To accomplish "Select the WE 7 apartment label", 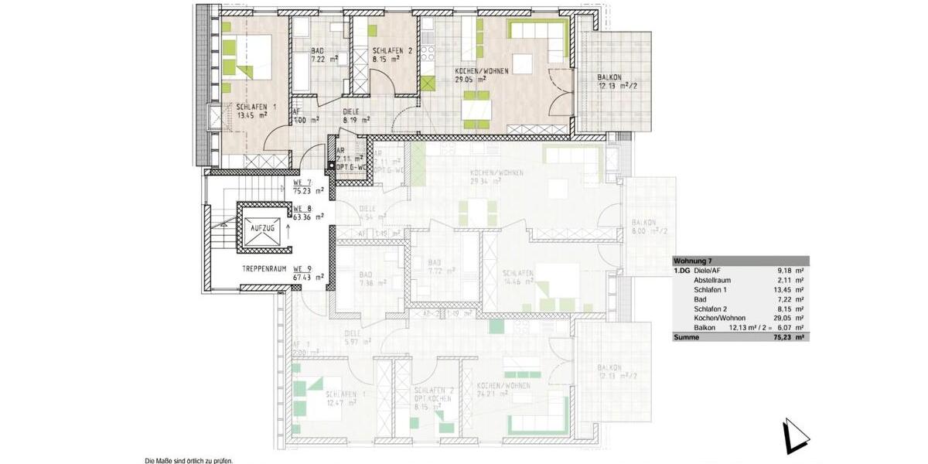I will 302,184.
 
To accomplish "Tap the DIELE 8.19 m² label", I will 356,115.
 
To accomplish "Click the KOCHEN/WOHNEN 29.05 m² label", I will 482,74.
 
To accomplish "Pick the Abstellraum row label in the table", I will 711,281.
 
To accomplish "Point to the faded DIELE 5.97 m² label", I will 356,337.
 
